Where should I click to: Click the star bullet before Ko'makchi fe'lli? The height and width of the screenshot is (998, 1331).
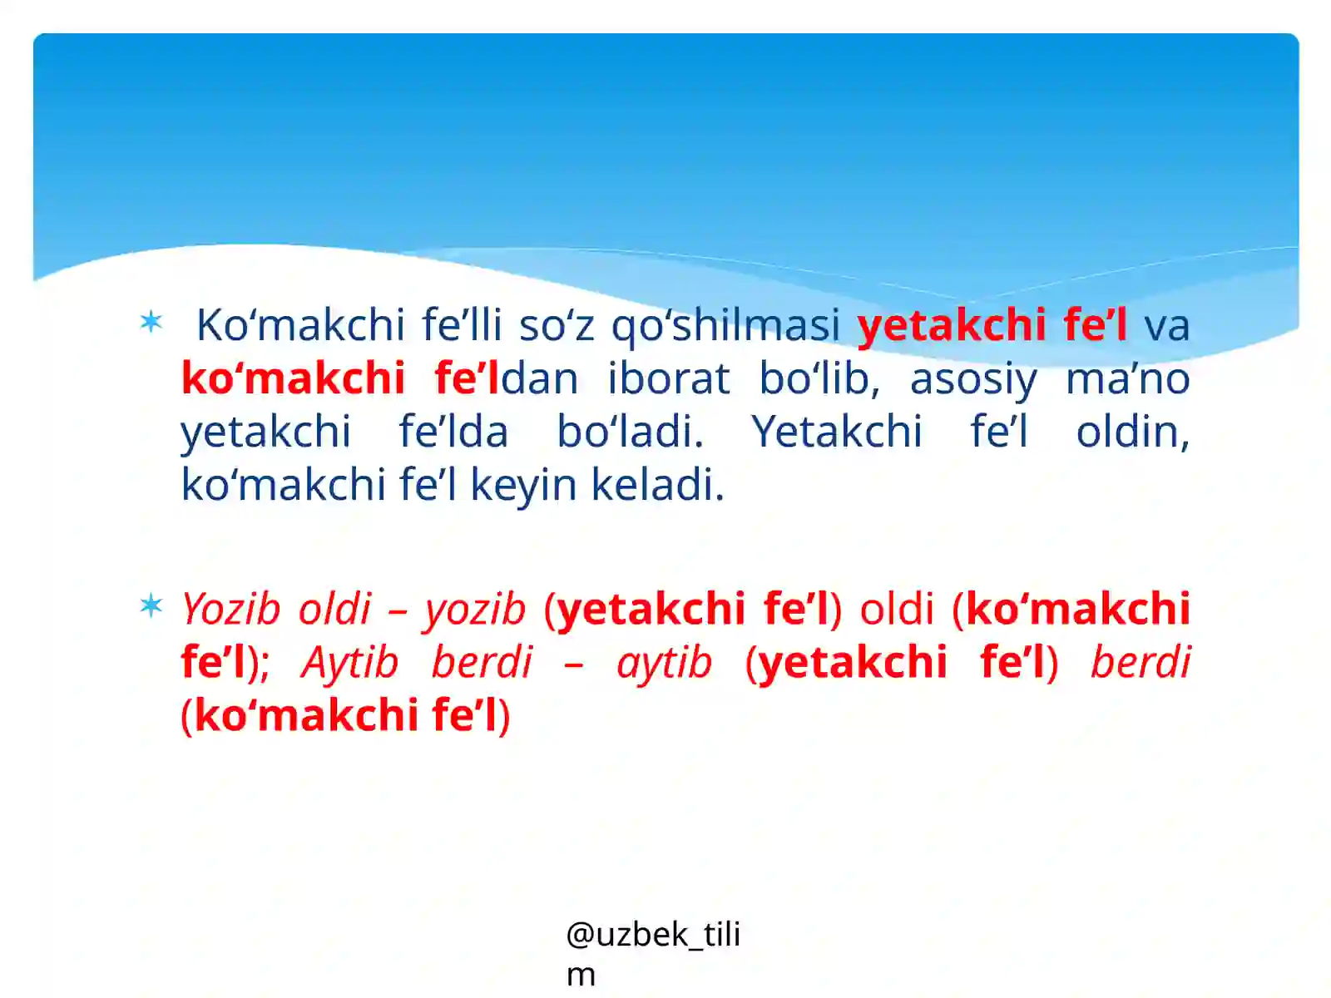click(x=151, y=322)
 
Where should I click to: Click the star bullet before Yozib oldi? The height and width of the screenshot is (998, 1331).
click(x=151, y=605)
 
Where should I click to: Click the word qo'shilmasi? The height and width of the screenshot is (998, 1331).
click(x=725, y=325)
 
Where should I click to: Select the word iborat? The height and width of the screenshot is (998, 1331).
click(x=668, y=378)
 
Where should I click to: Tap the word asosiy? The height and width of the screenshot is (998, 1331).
click(x=972, y=380)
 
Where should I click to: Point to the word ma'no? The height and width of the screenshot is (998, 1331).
click(x=1127, y=378)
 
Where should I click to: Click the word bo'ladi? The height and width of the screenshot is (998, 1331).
click(x=630, y=432)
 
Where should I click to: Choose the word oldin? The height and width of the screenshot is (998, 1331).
click(x=1132, y=432)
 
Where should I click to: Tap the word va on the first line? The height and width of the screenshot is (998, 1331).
click(x=1166, y=325)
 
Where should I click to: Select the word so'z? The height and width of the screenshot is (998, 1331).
click(x=557, y=325)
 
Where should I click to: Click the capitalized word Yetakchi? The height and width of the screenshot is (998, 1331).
click(x=836, y=432)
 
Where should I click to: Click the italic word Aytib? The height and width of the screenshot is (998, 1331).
click(x=350, y=663)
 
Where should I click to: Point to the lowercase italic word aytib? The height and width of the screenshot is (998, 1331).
click(x=664, y=663)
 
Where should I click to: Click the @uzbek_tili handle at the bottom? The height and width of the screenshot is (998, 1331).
click(x=653, y=935)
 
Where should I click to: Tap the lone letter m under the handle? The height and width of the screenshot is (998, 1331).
click(x=581, y=974)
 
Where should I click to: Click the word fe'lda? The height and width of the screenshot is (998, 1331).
click(x=453, y=432)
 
